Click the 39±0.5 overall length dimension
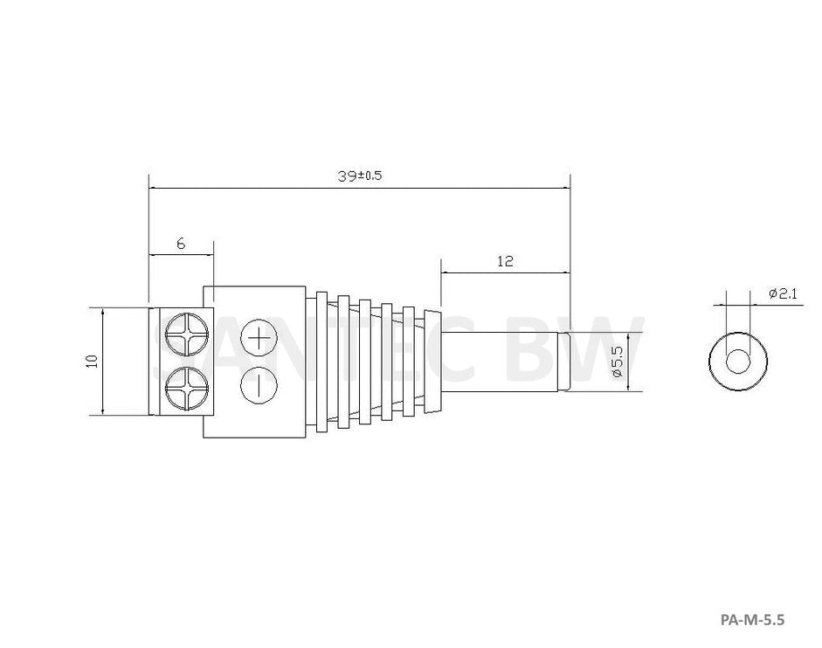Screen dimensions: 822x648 (x=360, y=176)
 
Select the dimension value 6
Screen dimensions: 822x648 (x=181, y=244)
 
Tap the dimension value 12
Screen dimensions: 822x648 (x=506, y=260)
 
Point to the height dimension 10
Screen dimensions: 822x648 (x=93, y=362)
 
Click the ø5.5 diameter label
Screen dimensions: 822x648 (x=617, y=362)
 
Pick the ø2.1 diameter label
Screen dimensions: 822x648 (x=783, y=293)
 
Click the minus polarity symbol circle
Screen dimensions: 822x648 (x=259, y=386)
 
